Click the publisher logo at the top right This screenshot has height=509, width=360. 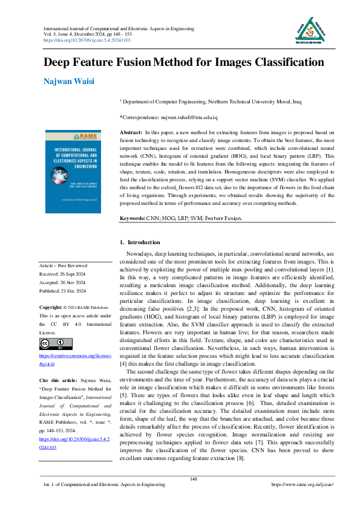point(307,30)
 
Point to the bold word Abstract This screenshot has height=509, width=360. point(131,132)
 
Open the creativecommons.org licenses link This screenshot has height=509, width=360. point(75,361)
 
